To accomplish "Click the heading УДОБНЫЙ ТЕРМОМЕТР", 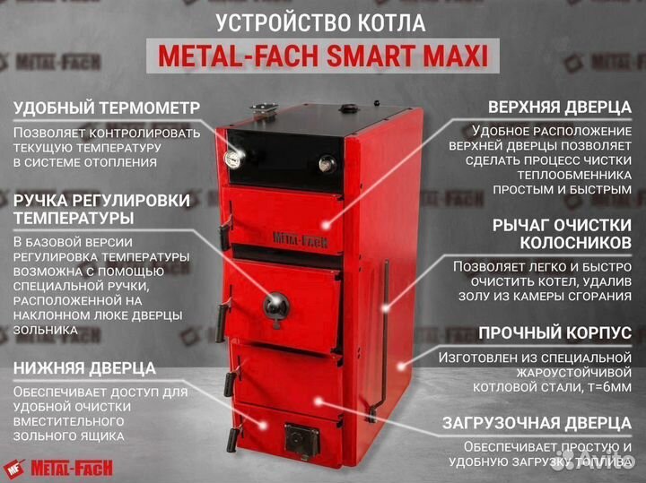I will pos(107,108).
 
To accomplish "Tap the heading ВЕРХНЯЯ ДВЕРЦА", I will pos(553,108).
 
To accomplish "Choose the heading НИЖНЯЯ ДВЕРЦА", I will pos(85,368).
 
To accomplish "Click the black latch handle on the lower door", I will pos(230,384).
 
